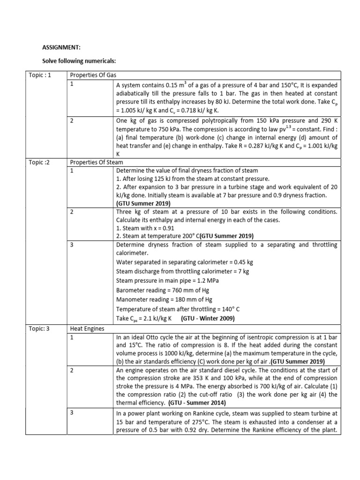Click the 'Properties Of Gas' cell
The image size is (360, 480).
[x=93, y=75]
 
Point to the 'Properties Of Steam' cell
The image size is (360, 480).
[x=96, y=162]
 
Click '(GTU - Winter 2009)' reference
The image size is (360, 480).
[x=208, y=318]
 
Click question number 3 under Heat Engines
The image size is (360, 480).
[x=72, y=412]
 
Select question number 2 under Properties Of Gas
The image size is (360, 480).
[x=72, y=120]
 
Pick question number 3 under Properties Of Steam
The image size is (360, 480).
[x=72, y=245]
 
